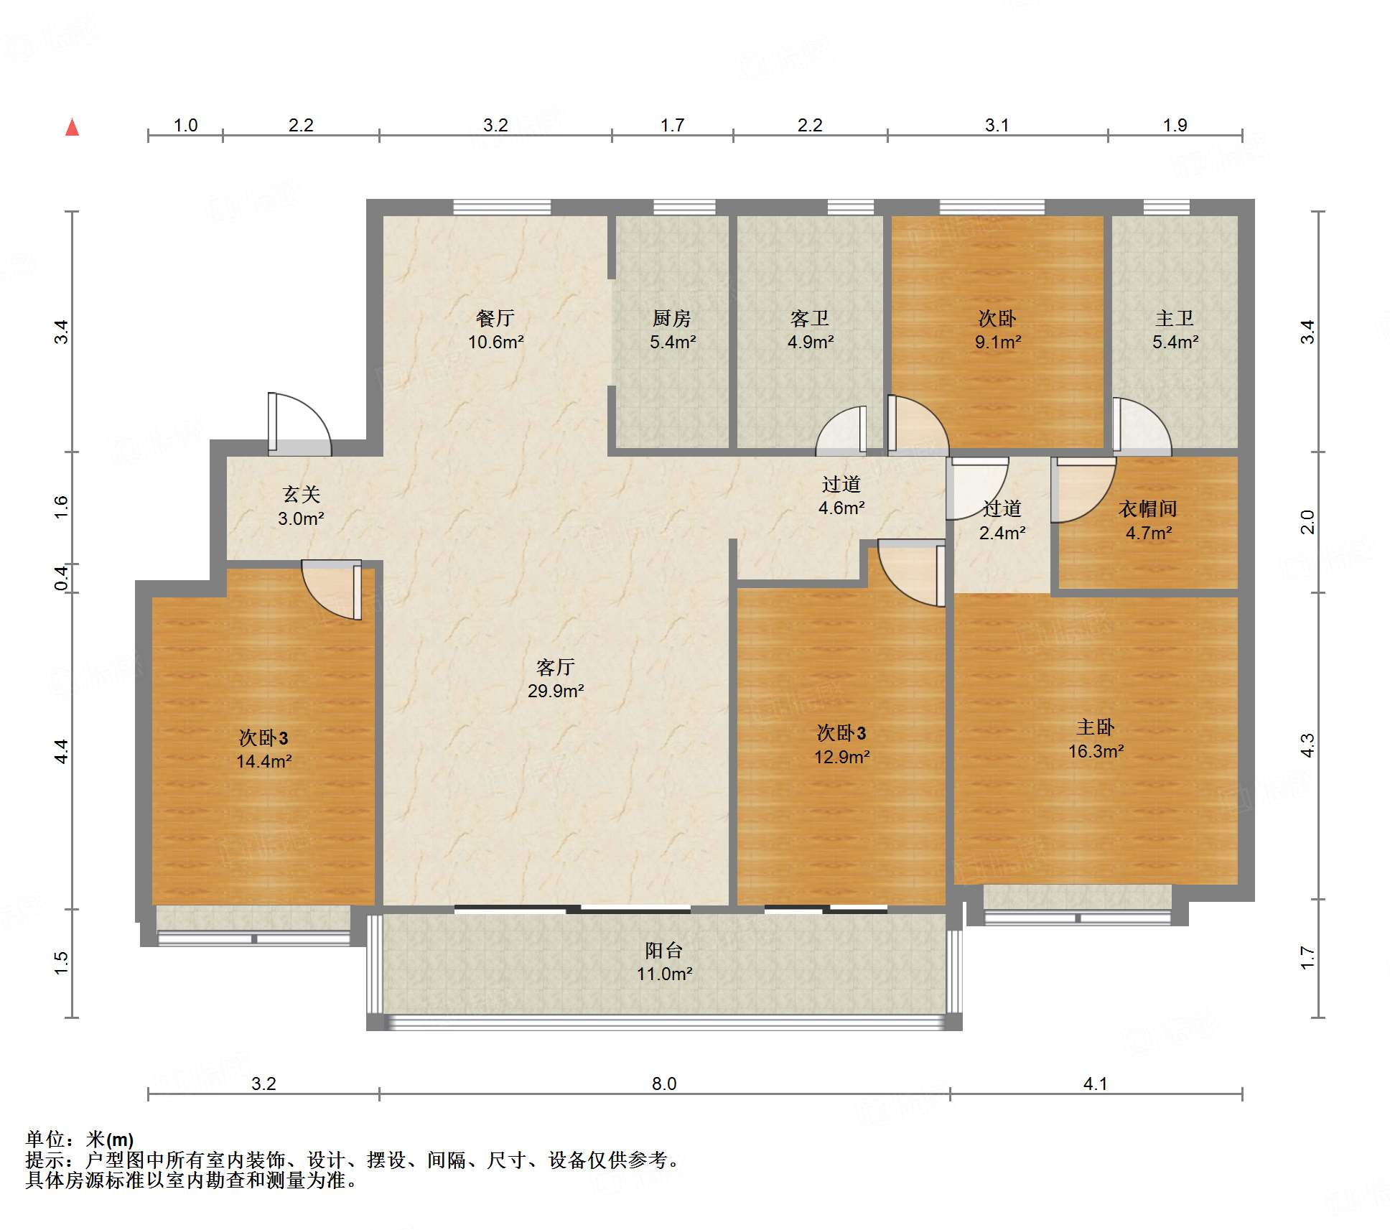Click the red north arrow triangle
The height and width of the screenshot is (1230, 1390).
click(72, 128)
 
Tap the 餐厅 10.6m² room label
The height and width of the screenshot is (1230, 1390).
click(495, 330)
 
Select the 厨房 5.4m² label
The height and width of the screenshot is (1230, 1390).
click(673, 330)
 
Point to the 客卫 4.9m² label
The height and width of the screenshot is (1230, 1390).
click(810, 330)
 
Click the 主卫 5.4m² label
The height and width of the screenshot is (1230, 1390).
click(1175, 330)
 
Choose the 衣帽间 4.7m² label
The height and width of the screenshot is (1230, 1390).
click(1148, 521)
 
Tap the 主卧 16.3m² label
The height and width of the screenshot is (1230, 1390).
click(1096, 739)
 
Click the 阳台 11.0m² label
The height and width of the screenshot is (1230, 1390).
click(664, 962)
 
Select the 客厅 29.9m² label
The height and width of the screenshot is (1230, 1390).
click(556, 679)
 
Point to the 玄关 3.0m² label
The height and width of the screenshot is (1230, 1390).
click(301, 506)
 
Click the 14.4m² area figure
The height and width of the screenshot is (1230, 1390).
click(264, 762)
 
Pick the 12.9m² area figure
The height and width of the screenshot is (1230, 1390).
click(841, 757)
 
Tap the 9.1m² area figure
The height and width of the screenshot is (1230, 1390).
click(998, 343)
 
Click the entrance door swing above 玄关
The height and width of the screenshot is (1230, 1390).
click(300, 424)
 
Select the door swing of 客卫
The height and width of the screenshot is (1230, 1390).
click(841, 431)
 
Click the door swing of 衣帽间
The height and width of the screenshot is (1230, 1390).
click(1083, 490)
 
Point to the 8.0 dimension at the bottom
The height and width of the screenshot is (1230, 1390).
click(664, 1084)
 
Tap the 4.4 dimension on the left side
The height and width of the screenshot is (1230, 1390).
click(62, 751)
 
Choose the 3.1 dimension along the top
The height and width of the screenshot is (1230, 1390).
click(997, 126)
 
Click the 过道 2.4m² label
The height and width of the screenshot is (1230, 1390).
click(1002, 521)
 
